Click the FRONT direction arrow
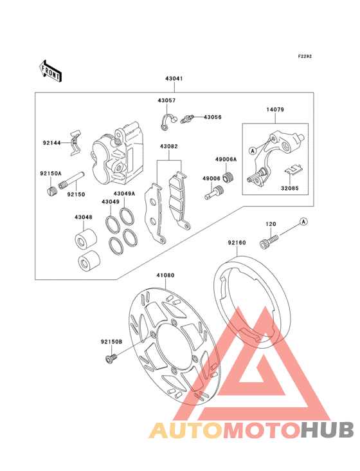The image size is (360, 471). click(x=50, y=71)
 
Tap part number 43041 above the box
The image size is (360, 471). click(x=174, y=78)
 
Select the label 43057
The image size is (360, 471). click(x=166, y=100)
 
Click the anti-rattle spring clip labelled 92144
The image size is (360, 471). click(x=76, y=143)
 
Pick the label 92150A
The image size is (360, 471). click(x=51, y=173)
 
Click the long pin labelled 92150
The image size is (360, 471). click(x=72, y=180)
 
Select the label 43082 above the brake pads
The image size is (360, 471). click(x=168, y=147)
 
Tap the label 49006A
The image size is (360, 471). click(x=226, y=160)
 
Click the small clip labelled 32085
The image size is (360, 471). click(x=293, y=170)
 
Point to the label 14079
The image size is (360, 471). click(x=275, y=109)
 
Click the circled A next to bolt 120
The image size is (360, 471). click(x=303, y=222)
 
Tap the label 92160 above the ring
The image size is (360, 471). click(x=237, y=243)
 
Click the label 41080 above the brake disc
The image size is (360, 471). click(x=165, y=275)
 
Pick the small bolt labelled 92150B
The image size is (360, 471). click(x=111, y=358)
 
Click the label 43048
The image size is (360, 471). click(x=84, y=217)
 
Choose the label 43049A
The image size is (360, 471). click(x=124, y=194)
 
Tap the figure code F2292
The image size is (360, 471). click(x=305, y=56)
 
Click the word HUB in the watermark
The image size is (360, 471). click(x=328, y=430)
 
